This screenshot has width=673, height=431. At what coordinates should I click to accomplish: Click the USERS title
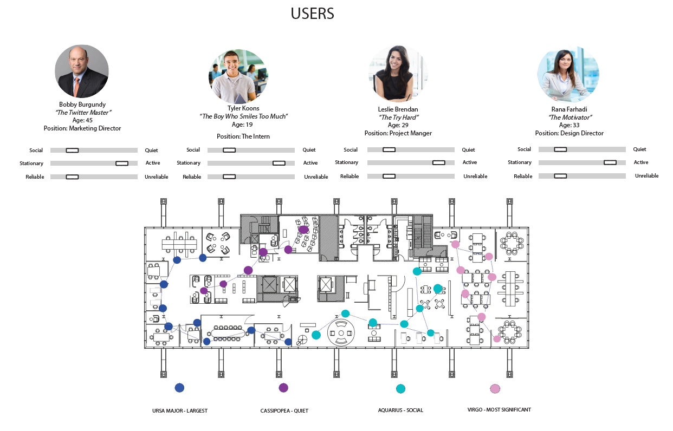coord(312,14)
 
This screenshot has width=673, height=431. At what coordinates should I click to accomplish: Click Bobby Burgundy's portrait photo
coord(82,71)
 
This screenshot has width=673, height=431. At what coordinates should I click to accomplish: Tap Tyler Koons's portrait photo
coord(238,76)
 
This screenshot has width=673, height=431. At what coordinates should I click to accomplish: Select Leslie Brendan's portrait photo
coord(398,73)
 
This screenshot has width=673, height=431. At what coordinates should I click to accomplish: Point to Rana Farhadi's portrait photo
coord(568,74)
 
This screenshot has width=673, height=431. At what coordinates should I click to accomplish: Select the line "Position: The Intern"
coord(243,136)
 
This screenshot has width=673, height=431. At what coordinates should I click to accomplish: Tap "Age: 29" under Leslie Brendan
coord(398,125)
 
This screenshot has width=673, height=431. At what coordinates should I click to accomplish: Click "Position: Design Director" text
coord(569,133)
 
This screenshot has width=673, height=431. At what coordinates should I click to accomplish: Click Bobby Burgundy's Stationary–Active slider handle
coord(122,164)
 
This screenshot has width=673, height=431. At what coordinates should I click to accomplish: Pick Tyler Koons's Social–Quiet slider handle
coord(229,150)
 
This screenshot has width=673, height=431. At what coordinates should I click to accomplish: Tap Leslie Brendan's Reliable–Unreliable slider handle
coord(389,176)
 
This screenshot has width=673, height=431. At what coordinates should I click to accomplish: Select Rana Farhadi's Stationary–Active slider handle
coord(610,162)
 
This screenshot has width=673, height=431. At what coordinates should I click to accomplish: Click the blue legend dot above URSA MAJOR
coord(179,388)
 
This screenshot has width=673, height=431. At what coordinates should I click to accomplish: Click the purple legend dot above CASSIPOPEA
coord(283,388)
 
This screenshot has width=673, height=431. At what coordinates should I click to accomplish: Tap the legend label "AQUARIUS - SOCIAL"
coord(400,410)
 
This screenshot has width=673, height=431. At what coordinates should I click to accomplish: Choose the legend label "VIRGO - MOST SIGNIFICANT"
coord(499,410)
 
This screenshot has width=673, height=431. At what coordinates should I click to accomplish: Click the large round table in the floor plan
coord(341,333)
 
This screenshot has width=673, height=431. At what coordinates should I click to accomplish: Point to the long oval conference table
coord(228,333)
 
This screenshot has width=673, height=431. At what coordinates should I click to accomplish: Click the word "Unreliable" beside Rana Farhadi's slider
coord(646,176)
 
